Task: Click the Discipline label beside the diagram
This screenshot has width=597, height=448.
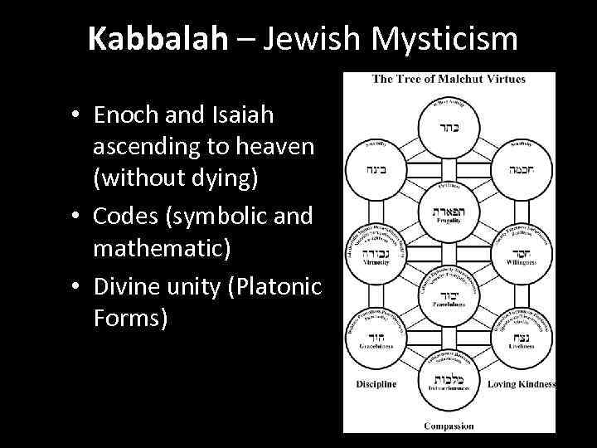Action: pyautogui.click(x=376, y=384)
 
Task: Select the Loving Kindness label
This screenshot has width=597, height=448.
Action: pyautogui.click(x=521, y=384)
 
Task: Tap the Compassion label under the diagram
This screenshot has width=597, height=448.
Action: pyautogui.click(x=449, y=426)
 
